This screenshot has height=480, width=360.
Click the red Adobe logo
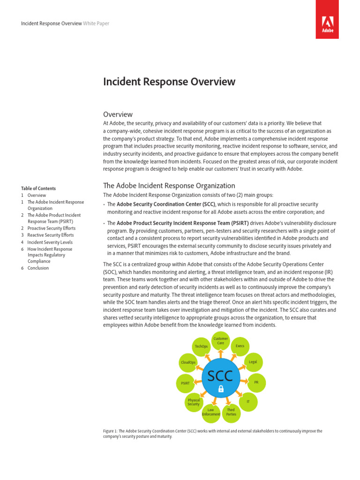tap(327, 20)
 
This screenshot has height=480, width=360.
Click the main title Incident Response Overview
tap(169, 82)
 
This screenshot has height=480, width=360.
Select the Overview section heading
tap(118, 114)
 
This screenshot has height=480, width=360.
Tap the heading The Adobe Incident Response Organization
tap(169, 186)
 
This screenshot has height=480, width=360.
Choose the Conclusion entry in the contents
tap(38, 268)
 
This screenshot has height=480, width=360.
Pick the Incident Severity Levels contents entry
tap(50, 242)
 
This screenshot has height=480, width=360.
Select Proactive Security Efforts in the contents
tap(51, 228)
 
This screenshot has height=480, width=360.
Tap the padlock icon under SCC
tap(221, 389)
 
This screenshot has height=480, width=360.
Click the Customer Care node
tap(221, 341)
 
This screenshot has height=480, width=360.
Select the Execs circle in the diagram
tap(240, 346)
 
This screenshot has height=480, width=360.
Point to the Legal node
tap(253, 362)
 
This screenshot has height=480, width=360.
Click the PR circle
tap(256, 382)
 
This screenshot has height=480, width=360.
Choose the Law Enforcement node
tap(210, 412)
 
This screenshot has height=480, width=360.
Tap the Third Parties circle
tap(231, 412)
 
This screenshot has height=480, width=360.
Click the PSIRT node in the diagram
tap(185, 383)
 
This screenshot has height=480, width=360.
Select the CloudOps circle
tap(188, 362)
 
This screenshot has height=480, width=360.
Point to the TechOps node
tap(202, 346)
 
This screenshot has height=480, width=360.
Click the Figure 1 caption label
tap(112, 431)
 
